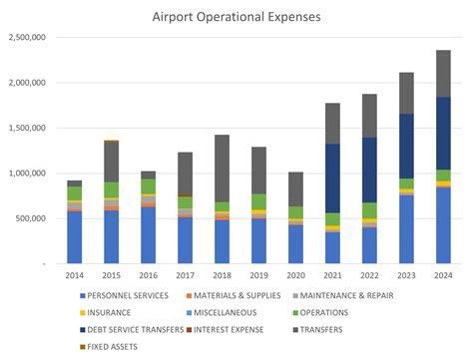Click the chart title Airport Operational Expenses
(x=236, y=16)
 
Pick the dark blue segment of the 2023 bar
(x=406, y=146)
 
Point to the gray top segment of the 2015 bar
(x=112, y=161)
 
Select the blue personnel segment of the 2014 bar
(x=75, y=236)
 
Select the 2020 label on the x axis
(x=295, y=276)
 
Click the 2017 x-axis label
(x=185, y=276)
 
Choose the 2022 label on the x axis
(x=369, y=276)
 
